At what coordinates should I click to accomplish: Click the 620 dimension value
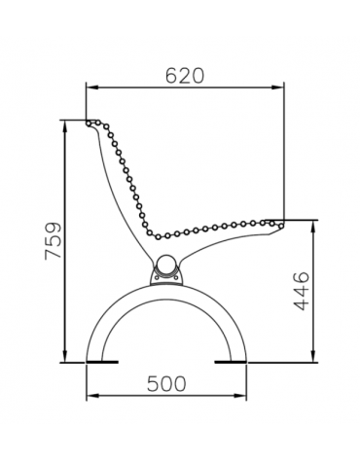tap(185, 75)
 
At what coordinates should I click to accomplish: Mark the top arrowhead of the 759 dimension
tap(66, 124)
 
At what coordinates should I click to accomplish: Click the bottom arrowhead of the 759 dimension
tap(66, 358)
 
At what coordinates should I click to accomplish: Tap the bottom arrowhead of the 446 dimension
tap(313, 358)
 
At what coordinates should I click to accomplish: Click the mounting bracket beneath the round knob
tap(167, 280)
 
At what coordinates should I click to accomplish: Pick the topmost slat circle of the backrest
tap(90, 124)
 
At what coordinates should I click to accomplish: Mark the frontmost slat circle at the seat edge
tap(280, 222)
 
